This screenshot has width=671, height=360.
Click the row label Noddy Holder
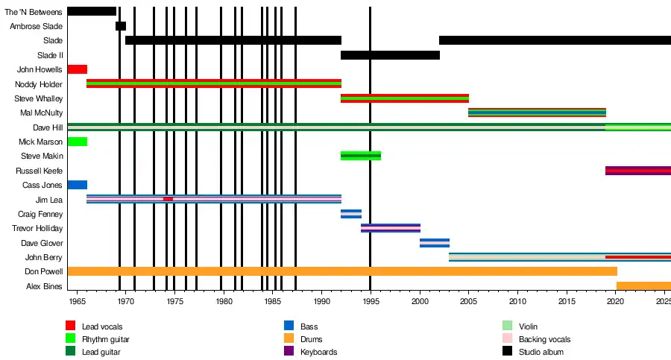[x=39, y=84]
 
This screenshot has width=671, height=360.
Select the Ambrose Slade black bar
[x=121, y=26]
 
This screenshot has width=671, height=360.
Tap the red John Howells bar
[x=77, y=69]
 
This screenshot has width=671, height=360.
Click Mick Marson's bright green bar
[x=77, y=142]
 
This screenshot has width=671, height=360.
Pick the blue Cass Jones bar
[x=77, y=185]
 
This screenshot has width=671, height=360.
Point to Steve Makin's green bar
[x=361, y=156]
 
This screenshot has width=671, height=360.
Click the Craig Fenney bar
[x=351, y=214]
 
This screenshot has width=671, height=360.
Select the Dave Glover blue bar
[x=435, y=243]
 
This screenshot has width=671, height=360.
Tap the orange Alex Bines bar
[x=643, y=286]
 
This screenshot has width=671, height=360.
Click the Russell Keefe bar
[x=637, y=171]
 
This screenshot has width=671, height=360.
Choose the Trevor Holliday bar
[x=391, y=228]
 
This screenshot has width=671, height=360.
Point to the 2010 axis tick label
[x=517, y=301]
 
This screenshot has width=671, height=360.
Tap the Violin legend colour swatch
[x=508, y=326]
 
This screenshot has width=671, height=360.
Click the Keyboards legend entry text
[x=318, y=352]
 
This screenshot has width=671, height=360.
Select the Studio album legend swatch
[x=508, y=351]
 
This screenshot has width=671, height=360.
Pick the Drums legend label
[x=312, y=339]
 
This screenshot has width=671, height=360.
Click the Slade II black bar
[x=390, y=55]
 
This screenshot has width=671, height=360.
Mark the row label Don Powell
[x=44, y=272]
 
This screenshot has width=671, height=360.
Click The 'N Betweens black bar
[x=92, y=11]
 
